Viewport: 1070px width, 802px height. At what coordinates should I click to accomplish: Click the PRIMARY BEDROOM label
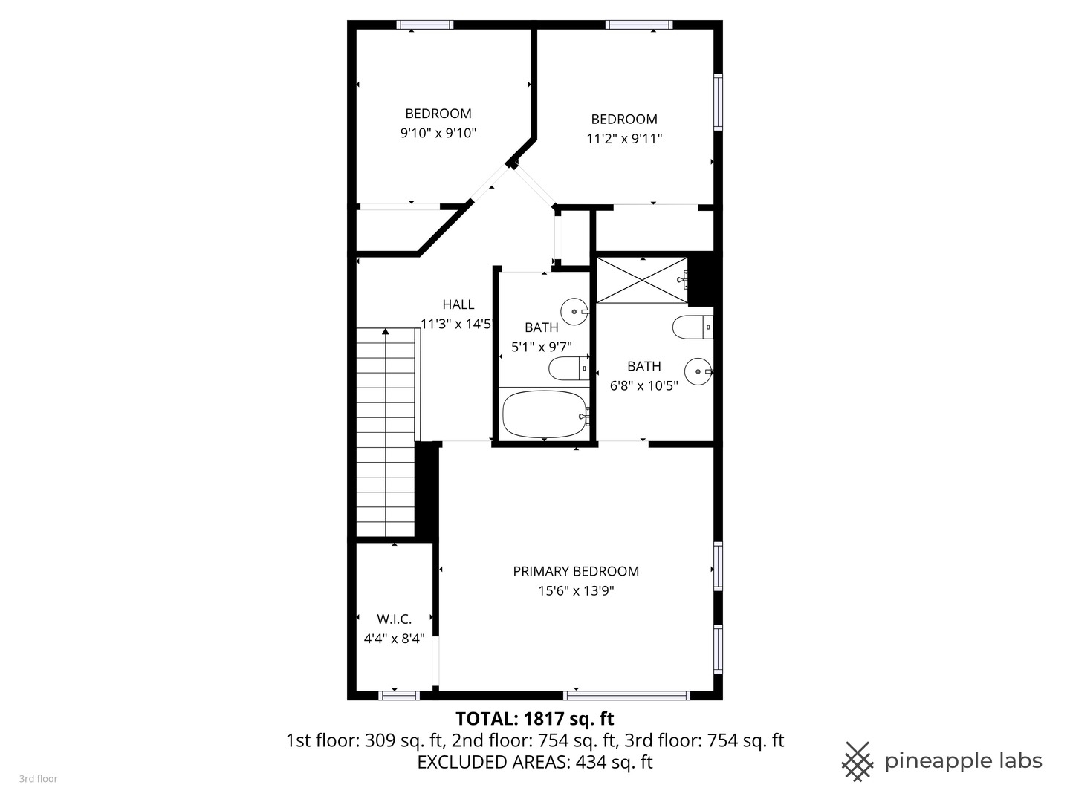[576, 571]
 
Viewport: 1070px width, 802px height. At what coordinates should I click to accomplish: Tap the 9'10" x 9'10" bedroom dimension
[438, 134]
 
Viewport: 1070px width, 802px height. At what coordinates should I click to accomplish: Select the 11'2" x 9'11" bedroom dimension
[624, 139]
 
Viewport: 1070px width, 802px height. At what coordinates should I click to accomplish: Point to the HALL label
[458, 304]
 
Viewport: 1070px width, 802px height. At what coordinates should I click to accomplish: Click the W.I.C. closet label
[394, 619]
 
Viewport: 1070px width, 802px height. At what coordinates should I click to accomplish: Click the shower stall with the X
[642, 280]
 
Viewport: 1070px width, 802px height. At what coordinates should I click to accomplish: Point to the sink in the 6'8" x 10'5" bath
[698, 371]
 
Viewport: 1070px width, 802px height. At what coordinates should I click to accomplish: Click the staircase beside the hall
[385, 432]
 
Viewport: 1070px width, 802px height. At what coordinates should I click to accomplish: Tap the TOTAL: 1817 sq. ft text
[534, 719]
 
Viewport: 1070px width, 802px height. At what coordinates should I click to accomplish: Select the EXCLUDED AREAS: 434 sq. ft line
[534, 762]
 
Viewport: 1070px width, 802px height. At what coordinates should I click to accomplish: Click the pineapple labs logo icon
[857, 761]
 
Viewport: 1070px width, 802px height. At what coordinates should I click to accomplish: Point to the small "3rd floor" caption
[38, 779]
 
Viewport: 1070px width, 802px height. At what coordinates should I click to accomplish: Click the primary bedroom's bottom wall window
[626, 696]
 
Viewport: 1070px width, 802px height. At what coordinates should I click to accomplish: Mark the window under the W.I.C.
[399, 696]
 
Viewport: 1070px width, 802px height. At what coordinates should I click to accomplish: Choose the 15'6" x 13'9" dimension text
[576, 591]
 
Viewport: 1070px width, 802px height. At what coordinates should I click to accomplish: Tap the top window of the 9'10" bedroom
[425, 25]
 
